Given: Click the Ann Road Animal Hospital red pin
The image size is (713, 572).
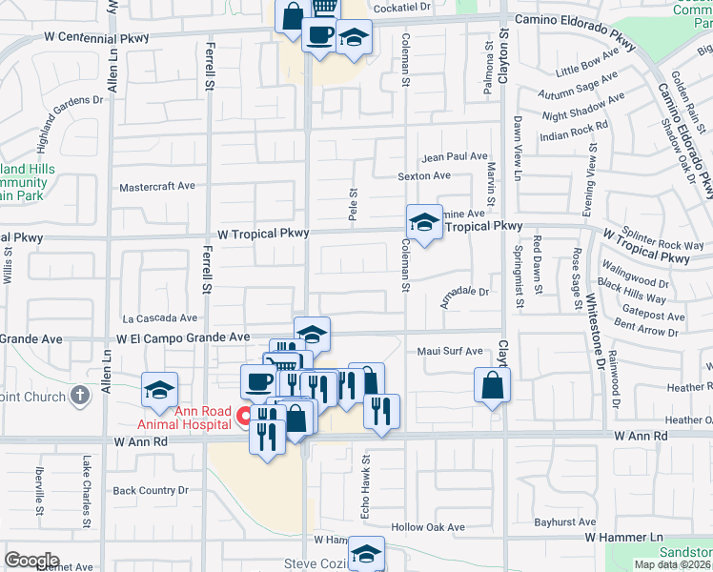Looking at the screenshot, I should click(x=243, y=416).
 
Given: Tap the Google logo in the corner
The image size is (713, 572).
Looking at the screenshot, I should click(x=31, y=561).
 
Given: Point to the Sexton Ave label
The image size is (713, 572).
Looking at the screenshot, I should click(x=424, y=175).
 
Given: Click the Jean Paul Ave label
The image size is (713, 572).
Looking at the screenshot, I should click(x=455, y=156).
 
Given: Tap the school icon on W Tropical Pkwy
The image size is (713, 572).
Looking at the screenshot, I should click(x=424, y=223).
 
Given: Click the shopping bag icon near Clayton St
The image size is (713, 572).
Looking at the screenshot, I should click(x=492, y=386).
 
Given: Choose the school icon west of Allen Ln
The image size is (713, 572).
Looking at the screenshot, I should click(x=159, y=389).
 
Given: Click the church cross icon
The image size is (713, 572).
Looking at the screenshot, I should click(x=81, y=396).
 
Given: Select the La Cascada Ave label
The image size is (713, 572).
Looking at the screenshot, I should click(x=159, y=317).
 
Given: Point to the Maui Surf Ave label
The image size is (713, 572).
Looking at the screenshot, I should click(x=450, y=351).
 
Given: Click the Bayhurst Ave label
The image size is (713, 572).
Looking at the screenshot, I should click(x=564, y=522).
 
